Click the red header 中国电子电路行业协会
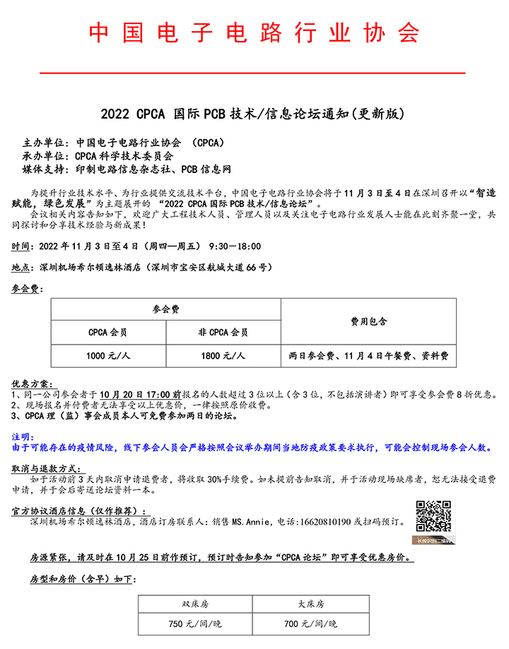[x=254, y=33]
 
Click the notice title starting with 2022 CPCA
[x=255, y=113]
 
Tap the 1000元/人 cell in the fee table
[x=108, y=356]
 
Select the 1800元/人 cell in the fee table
[x=223, y=356]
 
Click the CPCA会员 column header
[x=108, y=332]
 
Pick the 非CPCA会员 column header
[x=223, y=332]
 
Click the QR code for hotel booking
[x=433, y=518]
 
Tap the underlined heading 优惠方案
[x=32, y=384]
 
